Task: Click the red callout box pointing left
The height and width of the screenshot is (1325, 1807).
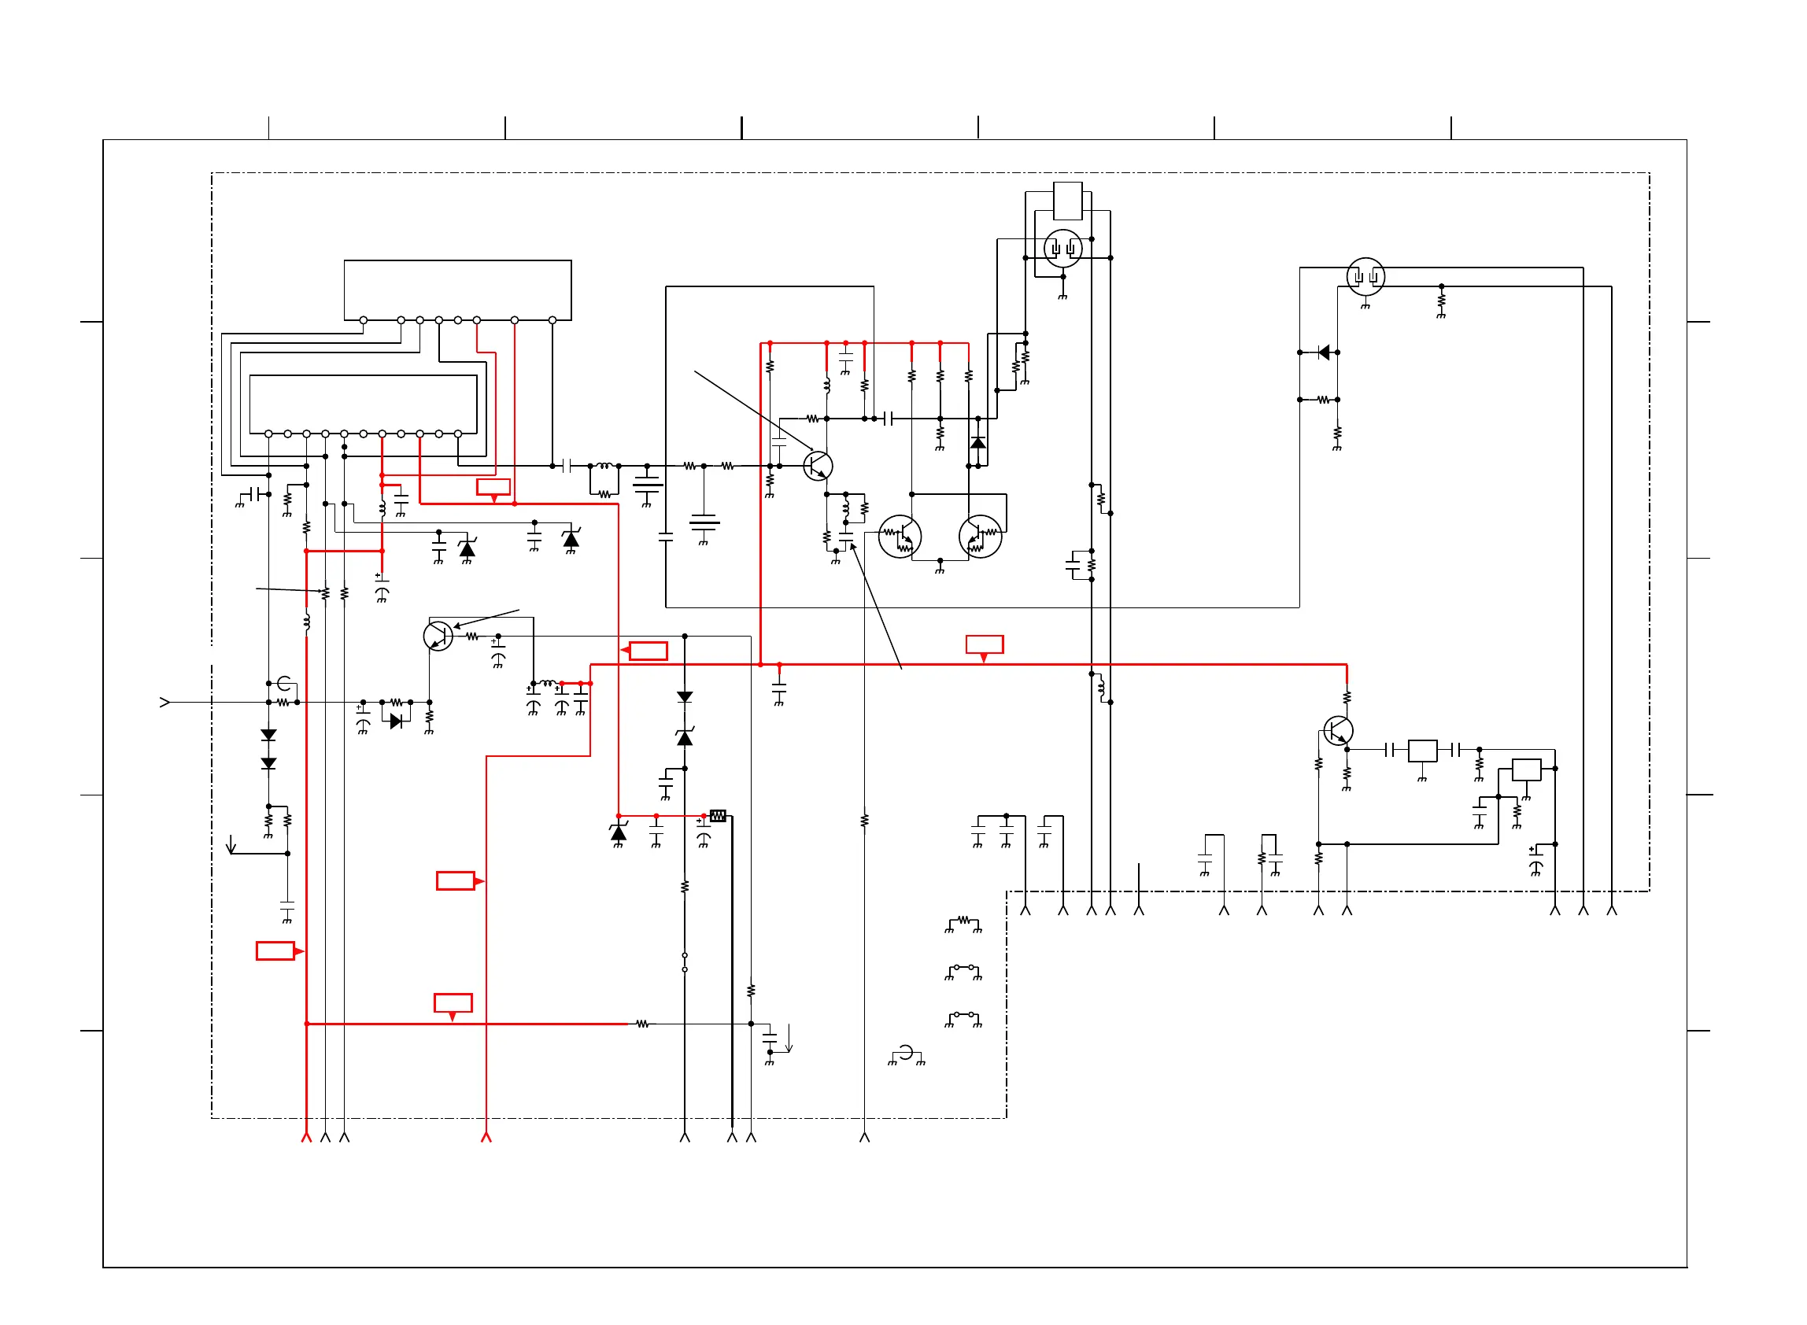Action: [647, 651]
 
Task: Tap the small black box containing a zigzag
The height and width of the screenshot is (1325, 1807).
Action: [718, 816]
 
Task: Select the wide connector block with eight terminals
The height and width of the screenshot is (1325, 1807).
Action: [457, 290]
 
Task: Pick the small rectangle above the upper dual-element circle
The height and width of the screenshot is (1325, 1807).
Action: [1066, 201]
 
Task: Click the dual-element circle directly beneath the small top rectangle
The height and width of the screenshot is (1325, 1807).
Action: [1062, 248]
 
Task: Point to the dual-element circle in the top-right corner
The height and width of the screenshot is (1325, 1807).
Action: [1365, 277]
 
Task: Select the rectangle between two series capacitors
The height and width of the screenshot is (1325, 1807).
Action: [1422, 750]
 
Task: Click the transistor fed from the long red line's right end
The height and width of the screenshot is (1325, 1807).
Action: [1338, 731]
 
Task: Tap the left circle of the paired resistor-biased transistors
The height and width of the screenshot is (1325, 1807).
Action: [900, 537]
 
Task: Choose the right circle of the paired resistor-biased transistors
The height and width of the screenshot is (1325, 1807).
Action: [980, 537]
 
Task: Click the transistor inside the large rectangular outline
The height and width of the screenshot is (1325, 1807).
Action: [817, 466]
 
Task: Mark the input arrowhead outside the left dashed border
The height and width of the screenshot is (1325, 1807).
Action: [165, 703]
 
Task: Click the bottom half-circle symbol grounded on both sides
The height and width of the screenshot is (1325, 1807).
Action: [907, 1053]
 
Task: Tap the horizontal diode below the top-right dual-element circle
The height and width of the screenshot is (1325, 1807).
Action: [1323, 352]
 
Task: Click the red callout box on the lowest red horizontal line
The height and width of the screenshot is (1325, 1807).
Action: [453, 1002]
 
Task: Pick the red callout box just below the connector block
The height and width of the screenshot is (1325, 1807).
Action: [493, 487]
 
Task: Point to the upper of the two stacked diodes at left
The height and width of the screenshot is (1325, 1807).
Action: [268, 735]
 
